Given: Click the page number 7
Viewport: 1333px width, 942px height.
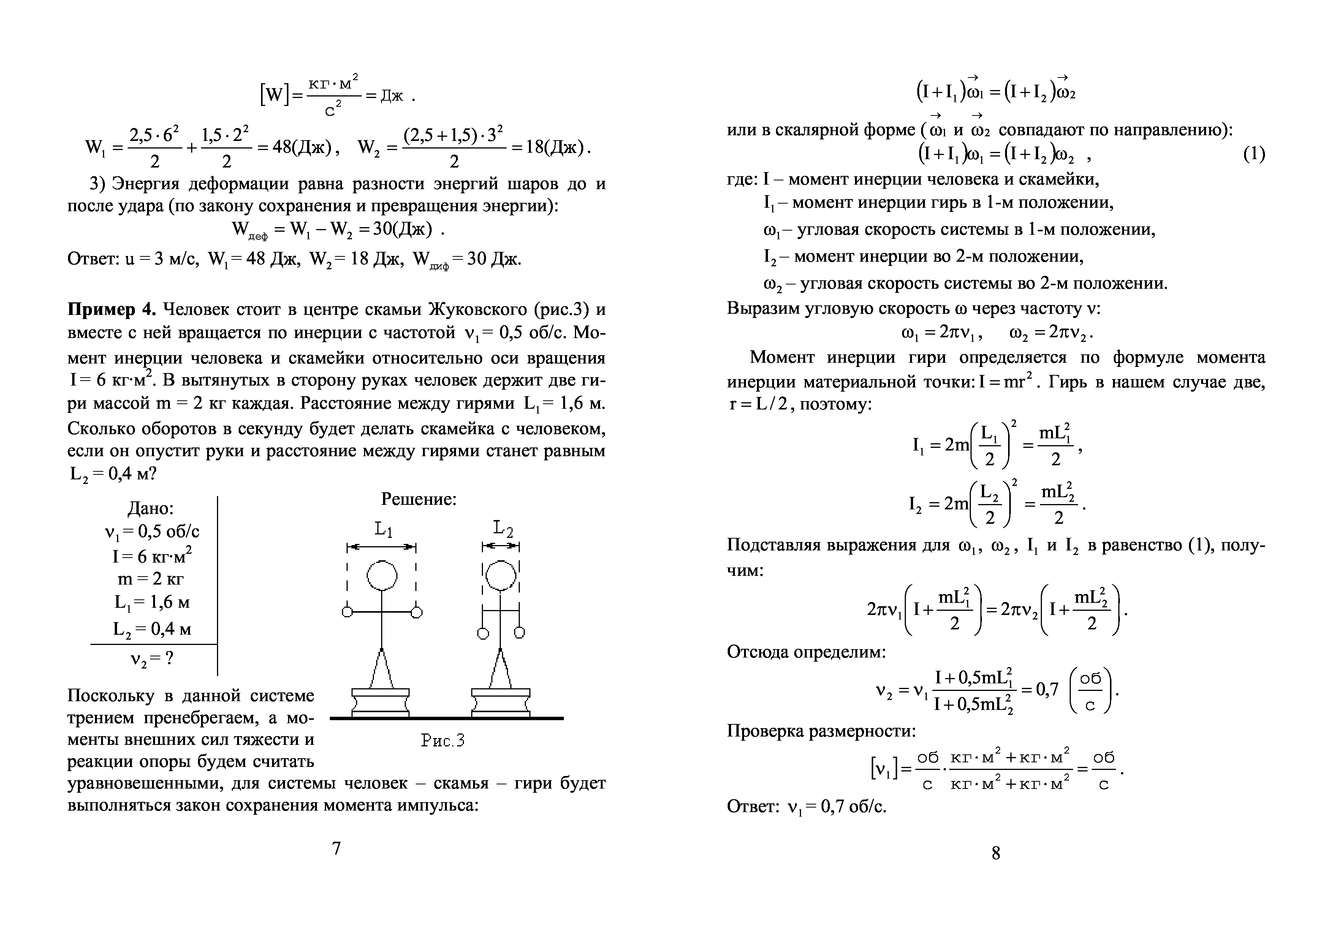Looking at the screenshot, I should click(336, 849).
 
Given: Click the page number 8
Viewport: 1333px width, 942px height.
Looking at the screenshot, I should click(996, 853).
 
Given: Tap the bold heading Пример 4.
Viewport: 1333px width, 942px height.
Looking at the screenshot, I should click(111, 309).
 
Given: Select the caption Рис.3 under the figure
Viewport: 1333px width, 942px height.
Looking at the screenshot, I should click(443, 741).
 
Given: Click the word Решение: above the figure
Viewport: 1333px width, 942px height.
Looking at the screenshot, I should click(419, 499).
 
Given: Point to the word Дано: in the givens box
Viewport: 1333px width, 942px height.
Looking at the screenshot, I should click(150, 509).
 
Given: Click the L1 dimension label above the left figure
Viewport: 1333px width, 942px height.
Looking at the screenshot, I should click(383, 529).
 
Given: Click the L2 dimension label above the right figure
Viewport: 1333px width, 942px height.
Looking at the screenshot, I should click(503, 529).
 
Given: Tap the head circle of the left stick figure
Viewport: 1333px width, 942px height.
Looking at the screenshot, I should click(382, 576).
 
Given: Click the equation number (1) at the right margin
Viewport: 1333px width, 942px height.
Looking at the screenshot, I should click(1254, 154).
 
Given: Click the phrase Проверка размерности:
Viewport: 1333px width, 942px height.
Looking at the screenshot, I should click(821, 731).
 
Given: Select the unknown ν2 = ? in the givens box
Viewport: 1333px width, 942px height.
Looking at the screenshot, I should click(152, 659).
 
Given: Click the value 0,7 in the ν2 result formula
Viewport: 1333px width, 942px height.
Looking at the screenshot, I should click(1047, 689).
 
